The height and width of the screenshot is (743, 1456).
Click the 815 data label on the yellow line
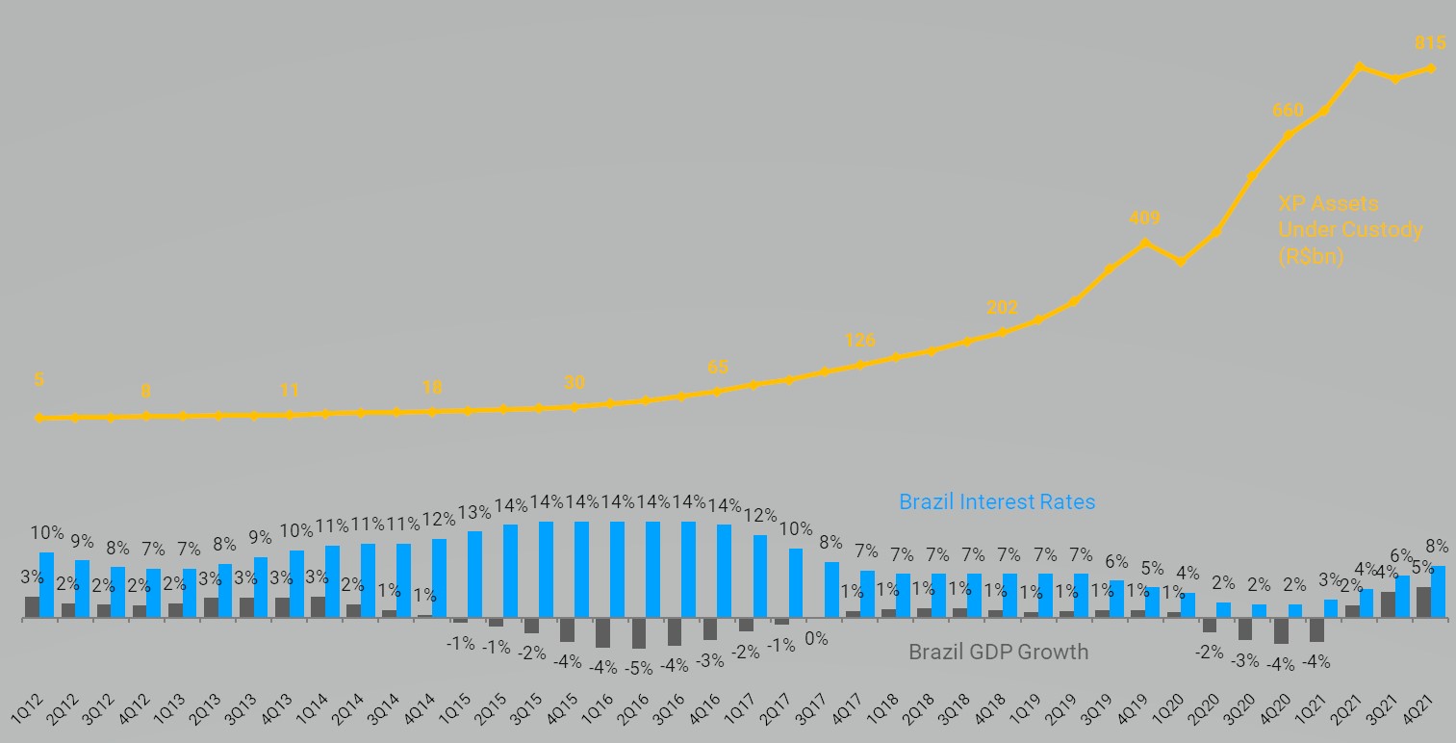[1431, 42]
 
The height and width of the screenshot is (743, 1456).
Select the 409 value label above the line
[1144, 218]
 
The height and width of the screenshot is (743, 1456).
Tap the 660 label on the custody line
[1288, 110]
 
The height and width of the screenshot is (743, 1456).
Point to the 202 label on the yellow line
[1002, 308]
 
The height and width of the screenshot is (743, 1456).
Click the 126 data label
[859, 340]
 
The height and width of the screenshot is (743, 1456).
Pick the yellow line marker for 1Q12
[39, 418]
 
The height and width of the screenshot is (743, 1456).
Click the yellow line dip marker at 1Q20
[1181, 262]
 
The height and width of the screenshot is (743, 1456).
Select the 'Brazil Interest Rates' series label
[997, 501]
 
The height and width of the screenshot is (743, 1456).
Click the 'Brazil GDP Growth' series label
[998, 652]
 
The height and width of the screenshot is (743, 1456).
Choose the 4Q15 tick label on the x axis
[564, 705]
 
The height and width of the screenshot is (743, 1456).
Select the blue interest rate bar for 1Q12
[47, 585]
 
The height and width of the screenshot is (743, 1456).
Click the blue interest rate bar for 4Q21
[1439, 592]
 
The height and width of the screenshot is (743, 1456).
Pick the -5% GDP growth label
[638, 667]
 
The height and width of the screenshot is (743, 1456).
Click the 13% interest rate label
[474, 511]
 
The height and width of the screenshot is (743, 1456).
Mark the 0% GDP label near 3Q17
[816, 638]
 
